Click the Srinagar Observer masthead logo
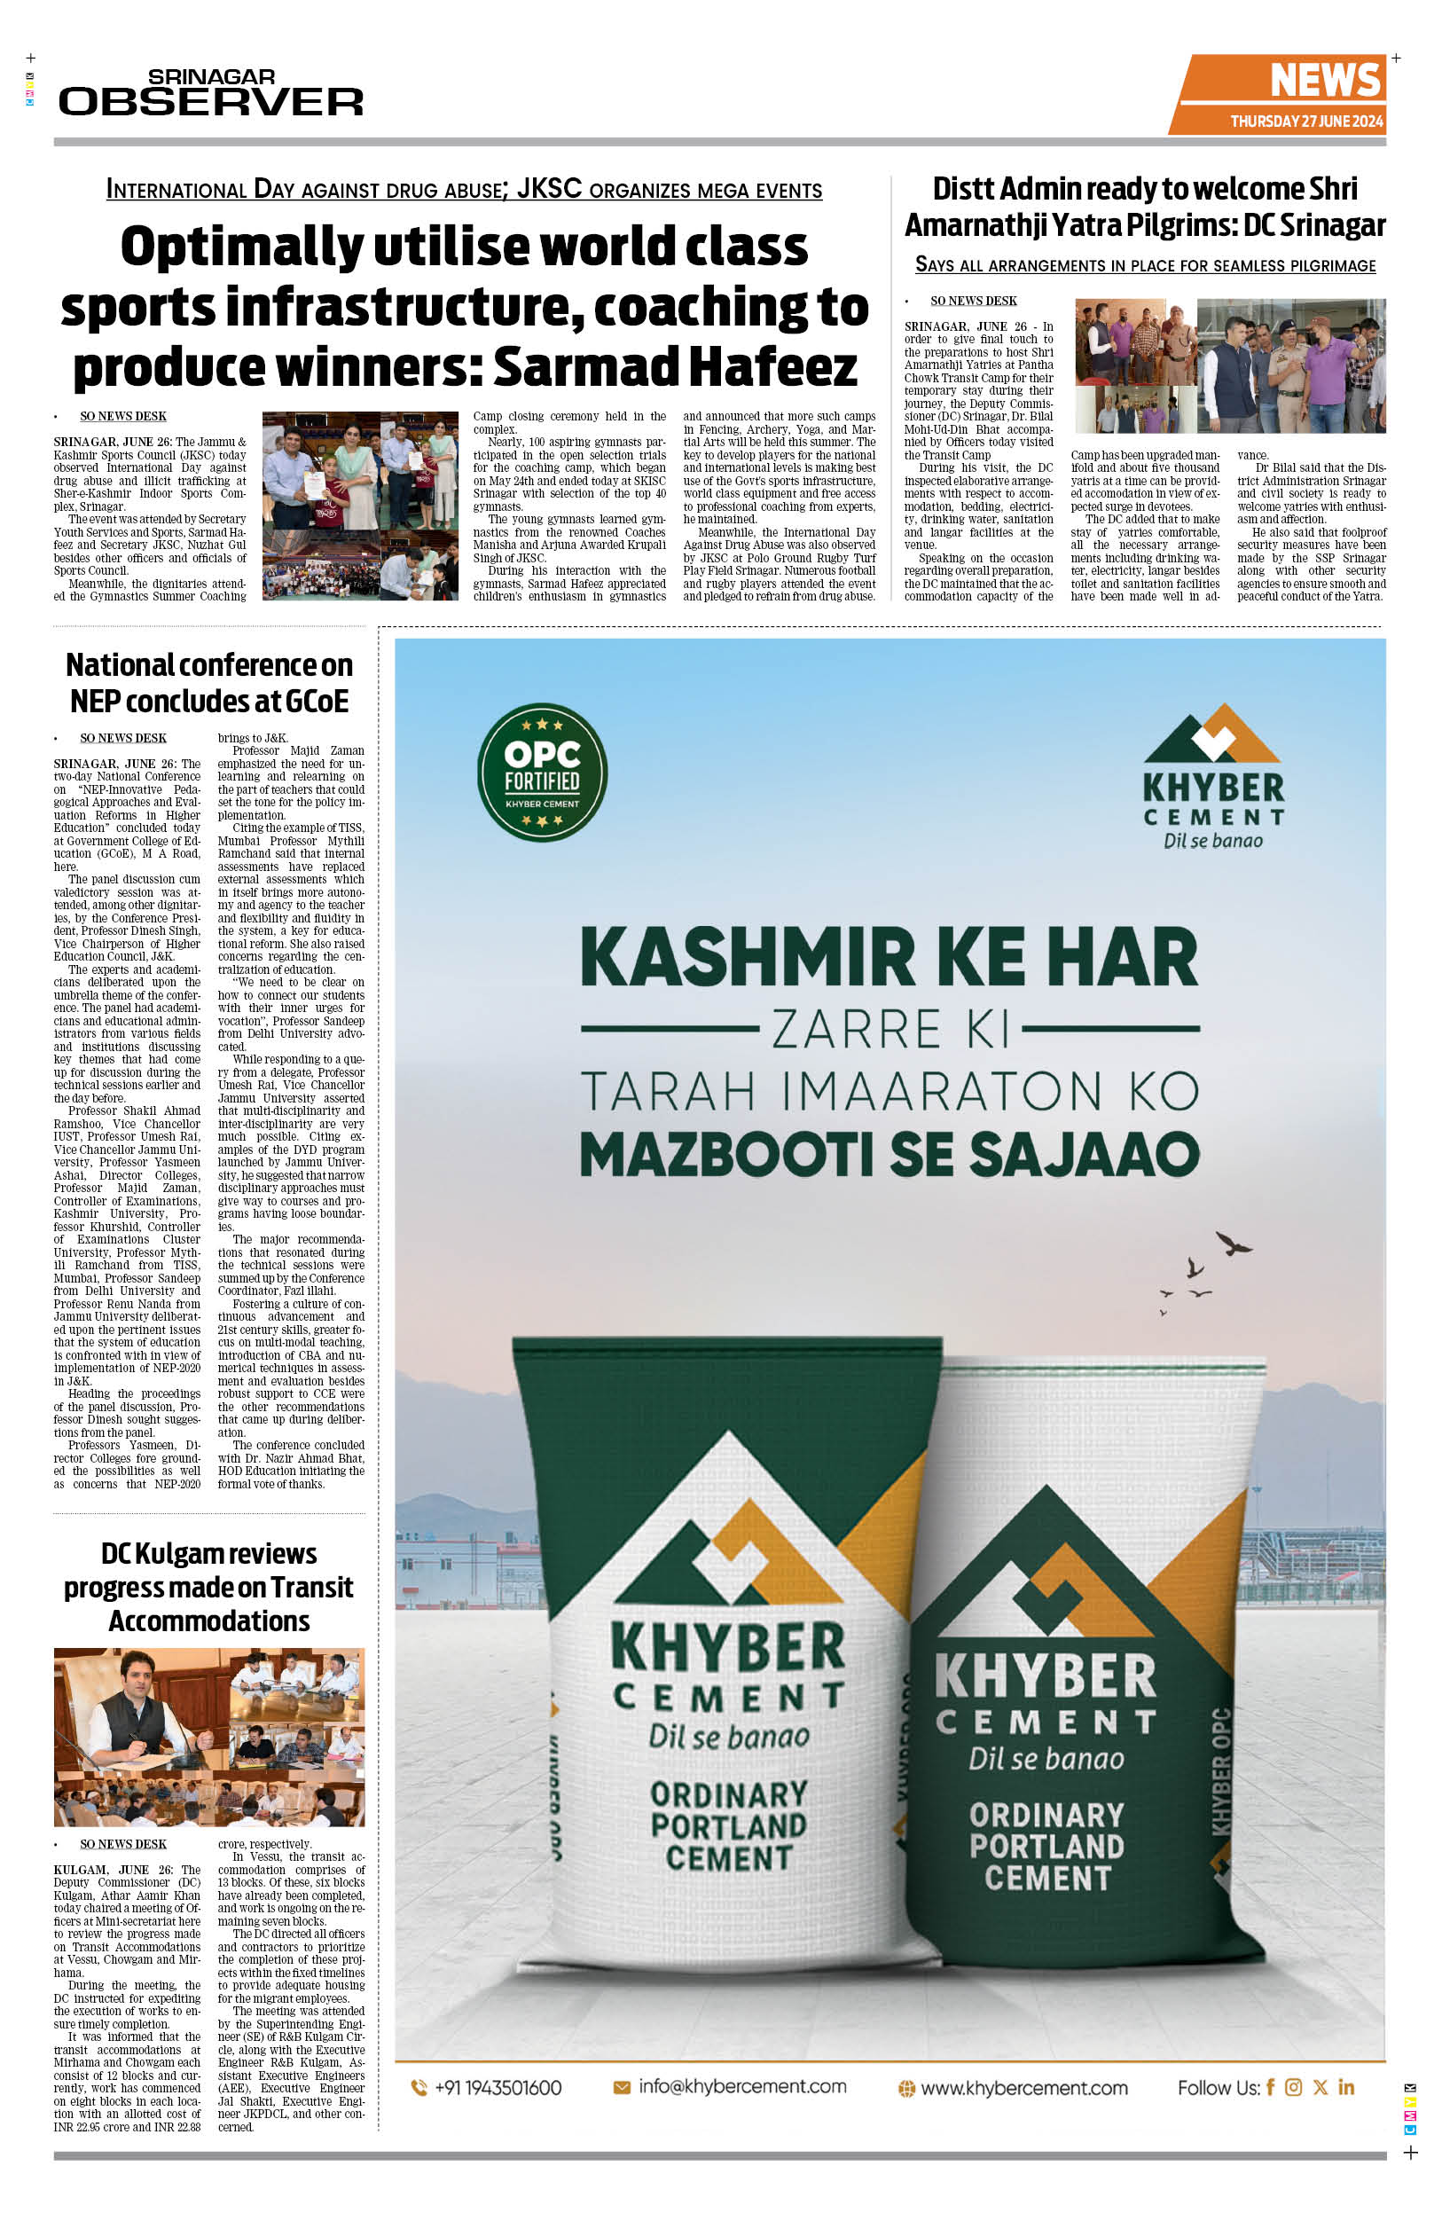click(x=211, y=93)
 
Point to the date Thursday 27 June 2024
click(x=1305, y=121)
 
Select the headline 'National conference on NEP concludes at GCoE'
click(x=209, y=682)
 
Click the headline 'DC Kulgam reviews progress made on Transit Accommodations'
click(x=209, y=1586)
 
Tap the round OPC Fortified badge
click(x=542, y=772)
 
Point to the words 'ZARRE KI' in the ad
click(x=889, y=1028)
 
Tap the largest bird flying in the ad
click(x=1234, y=1244)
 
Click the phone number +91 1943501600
click(x=498, y=2087)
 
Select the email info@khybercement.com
click(x=742, y=2086)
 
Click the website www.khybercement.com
click(x=1023, y=2087)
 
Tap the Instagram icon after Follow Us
click(x=1293, y=2086)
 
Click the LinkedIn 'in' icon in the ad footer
click(x=1345, y=2086)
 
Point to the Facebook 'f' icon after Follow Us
click(x=1270, y=2086)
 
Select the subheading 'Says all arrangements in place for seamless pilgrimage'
click(x=1145, y=265)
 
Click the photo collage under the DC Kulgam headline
click(x=209, y=1737)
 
